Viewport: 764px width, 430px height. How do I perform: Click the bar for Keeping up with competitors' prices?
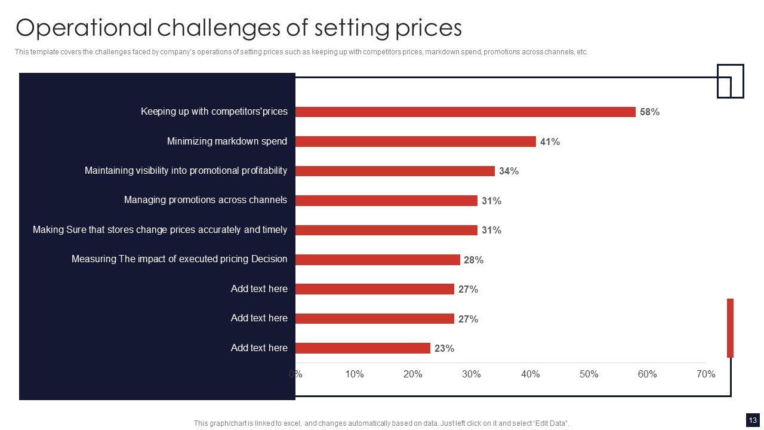pyautogui.click(x=466, y=112)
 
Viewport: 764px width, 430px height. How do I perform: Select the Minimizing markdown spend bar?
pyautogui.click(x=415, y=142)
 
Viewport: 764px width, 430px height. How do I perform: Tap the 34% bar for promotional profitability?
pyautogui.click(x=395, y=171)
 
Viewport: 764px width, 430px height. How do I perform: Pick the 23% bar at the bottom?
pyautogui.click(x=363, y=348)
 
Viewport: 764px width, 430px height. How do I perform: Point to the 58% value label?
pyautogui.click(x=649, y=112)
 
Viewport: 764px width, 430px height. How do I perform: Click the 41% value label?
pyautogui.click(x=550, y=142)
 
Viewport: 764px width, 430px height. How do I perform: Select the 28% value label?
pyautogui.click(x=473, y=260)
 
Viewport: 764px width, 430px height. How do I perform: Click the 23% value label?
pyautogui.click(x=444, y=348)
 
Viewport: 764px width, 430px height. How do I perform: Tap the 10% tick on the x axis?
pyautogui.click(x=354, y=374)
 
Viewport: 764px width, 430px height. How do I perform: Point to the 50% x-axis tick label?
pyautogui.click(x=589, y=374)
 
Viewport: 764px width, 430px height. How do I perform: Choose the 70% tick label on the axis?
pyautogui.click(x=706, y=374)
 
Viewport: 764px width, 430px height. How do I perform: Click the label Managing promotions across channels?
pyautogui.click(x=205, y=200)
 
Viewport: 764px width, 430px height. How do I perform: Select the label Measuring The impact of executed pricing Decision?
pyautogui.click(x=179, y=259)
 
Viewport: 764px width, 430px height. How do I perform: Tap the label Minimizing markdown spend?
pyautogui.click(x=227, y=142)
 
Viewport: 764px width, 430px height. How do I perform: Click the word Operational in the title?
pyautogui.click(x=84, y=28)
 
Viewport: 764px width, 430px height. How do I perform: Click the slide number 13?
pyautogui.click(x=751, y=419)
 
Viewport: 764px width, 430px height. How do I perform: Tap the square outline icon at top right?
pyautogui.click(x=731, y=81)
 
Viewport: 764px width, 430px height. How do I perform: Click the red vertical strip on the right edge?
pyautogui.click(x=730, y=328)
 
